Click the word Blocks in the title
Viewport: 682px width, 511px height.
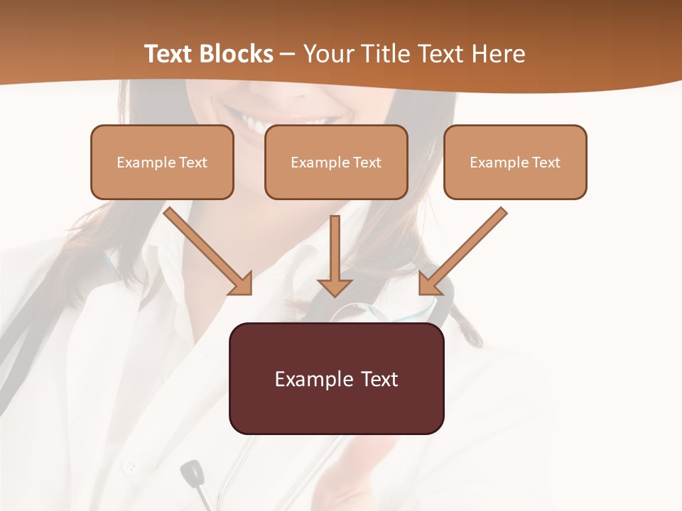(x=237, y=54)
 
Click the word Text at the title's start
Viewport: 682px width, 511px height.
(x=170, y=54)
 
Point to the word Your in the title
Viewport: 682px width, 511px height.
(x=327, y=54)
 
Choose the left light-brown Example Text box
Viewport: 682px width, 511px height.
(x=162, y=163)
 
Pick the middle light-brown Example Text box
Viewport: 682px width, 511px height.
(x=336, y=163)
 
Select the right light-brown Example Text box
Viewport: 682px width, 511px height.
(x=515, y=163)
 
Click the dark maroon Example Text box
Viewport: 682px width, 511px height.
(x=336, y=379)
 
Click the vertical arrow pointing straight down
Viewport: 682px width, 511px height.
(x=335, y=255)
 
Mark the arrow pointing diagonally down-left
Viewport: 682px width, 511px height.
(x=462, y=251)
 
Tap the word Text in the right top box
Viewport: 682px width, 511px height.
(x=546, y=163)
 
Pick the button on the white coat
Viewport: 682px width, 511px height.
(x=130, y=467)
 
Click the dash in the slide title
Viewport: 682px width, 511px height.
(x=288, y=55)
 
